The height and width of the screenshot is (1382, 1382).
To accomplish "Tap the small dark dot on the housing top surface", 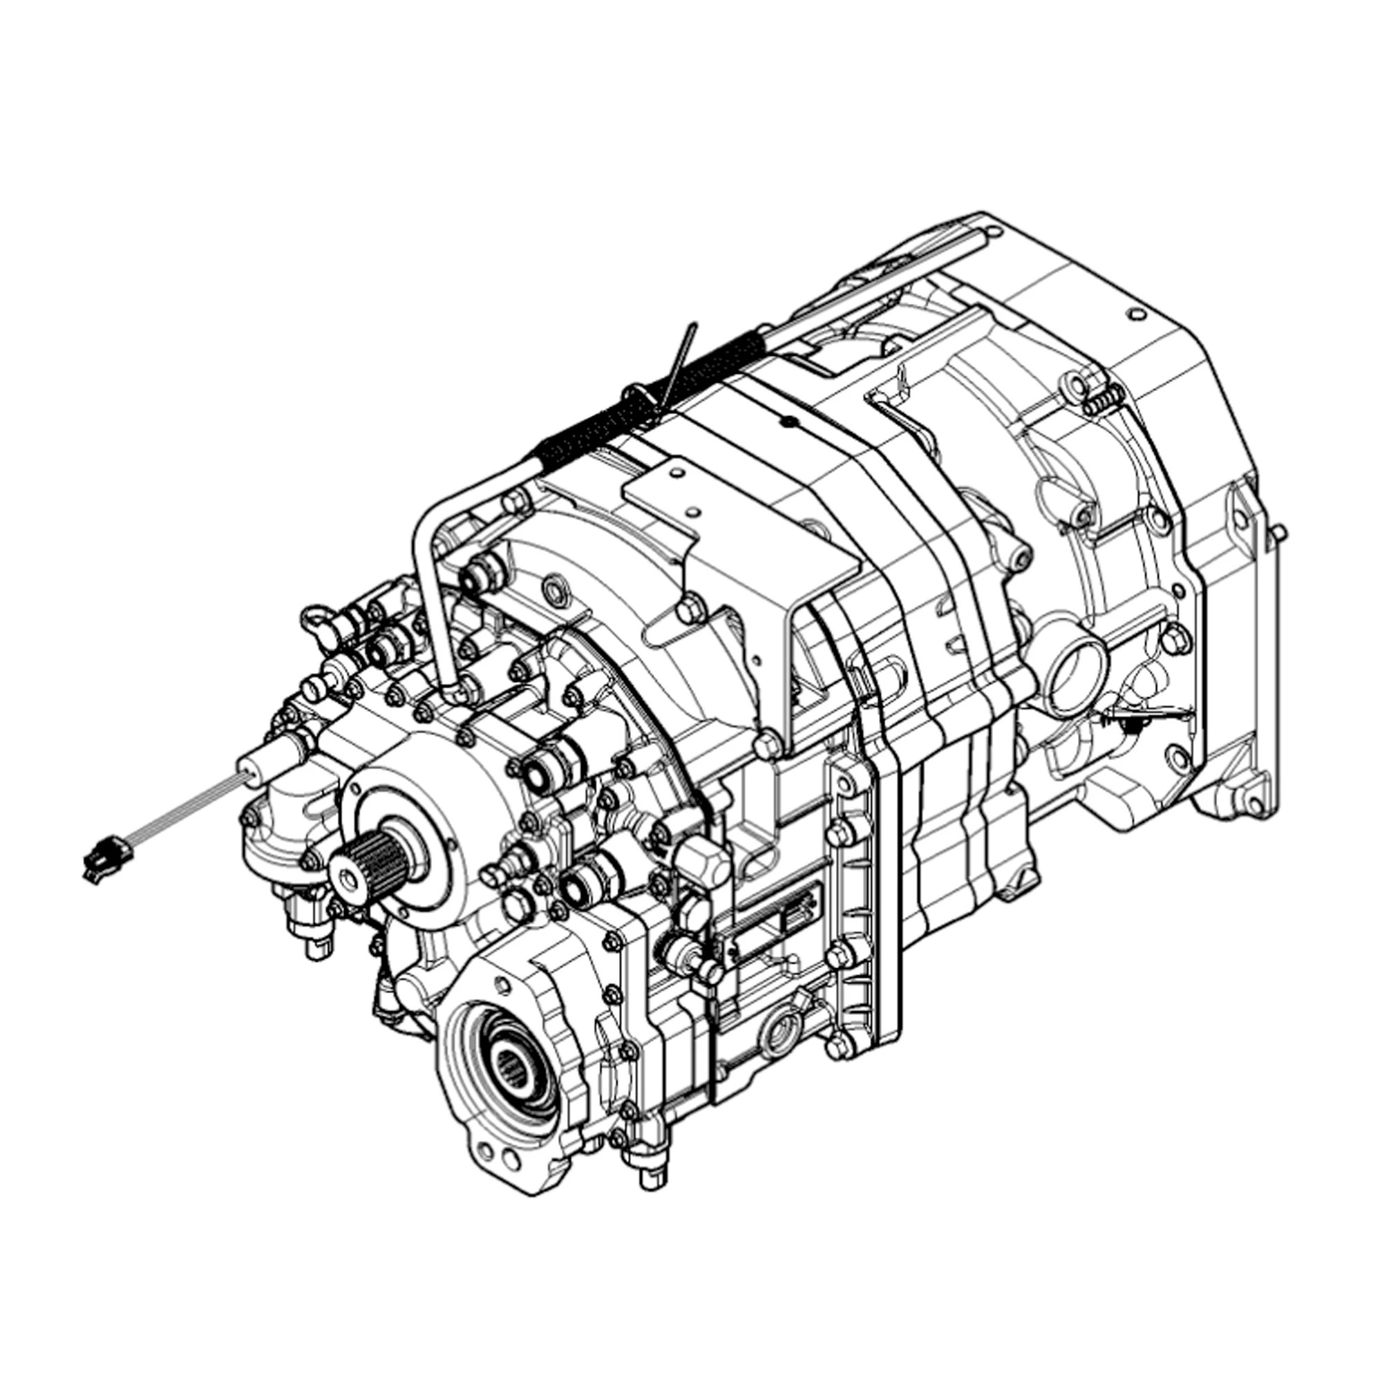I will click(x=788, y=424).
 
